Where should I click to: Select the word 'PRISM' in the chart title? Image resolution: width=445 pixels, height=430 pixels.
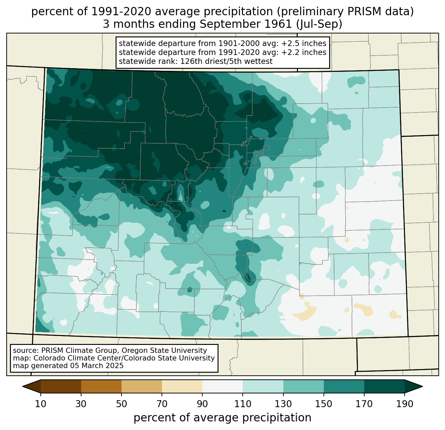tap(359, 12)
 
